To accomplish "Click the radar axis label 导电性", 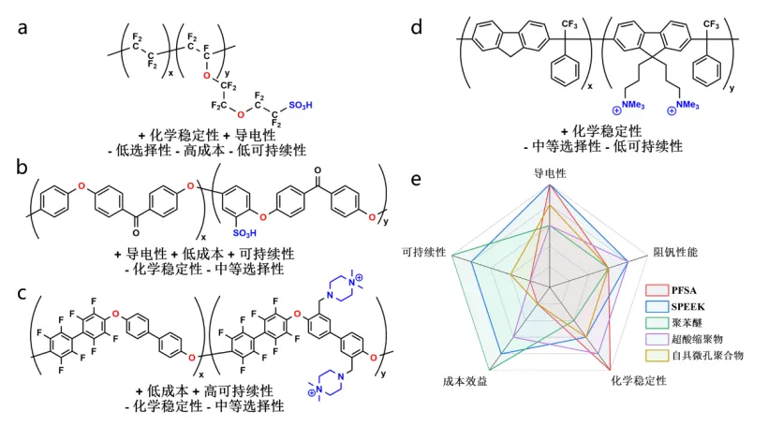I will [550, 173].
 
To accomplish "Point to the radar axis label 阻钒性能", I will [675, 253].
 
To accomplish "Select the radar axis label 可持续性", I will [423, 253].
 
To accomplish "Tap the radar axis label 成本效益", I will [465, 382].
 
